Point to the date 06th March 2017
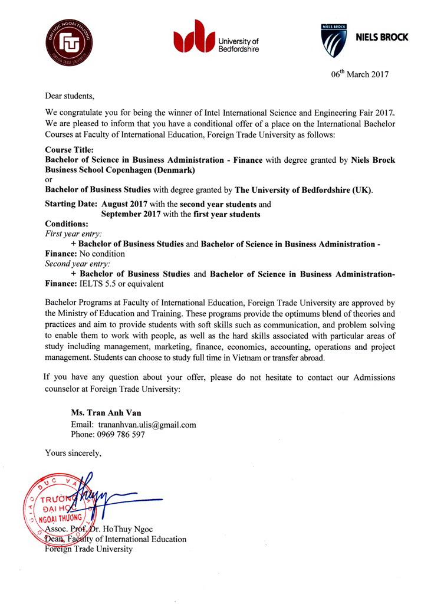coord(360,74)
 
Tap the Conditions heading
coord(67,224)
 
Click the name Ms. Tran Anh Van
coord(106,413)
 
